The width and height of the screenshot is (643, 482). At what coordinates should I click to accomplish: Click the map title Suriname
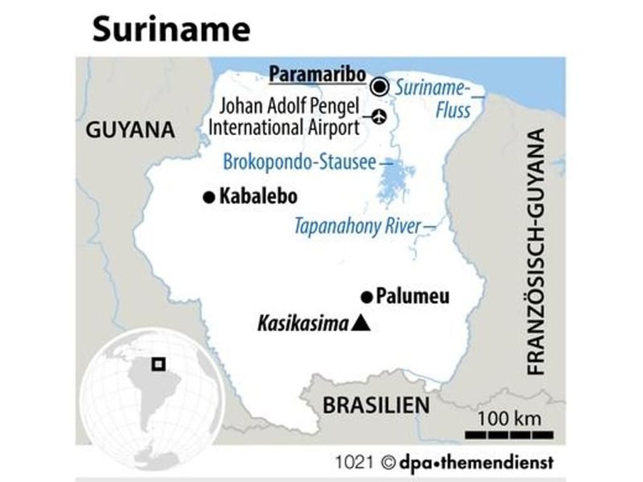[171, 29]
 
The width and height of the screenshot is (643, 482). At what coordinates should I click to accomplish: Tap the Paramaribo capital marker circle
[379, 87]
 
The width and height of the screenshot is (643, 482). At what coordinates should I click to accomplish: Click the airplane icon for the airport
[379, 116]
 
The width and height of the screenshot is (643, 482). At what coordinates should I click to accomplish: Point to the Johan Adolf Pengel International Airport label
[284, 117]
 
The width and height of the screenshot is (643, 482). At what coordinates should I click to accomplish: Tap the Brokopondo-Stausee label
[300, 163]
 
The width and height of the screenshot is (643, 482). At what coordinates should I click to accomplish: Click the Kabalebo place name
[258, 197]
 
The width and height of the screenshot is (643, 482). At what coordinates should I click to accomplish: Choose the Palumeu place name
[413, 296]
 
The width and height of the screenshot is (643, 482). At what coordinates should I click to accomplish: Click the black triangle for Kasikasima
[361, 324]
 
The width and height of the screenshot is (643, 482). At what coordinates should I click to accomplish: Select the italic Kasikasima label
[303, 324]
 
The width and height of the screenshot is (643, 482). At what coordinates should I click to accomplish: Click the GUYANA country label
[130, 130]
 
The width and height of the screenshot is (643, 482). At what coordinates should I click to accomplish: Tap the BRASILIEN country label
[376, 405]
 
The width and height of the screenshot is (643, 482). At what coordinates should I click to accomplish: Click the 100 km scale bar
[509, 434]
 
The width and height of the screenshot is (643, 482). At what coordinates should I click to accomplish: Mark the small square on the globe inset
[159, 363]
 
